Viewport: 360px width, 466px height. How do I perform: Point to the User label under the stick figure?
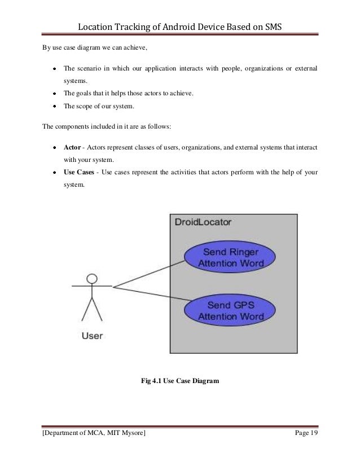tap(93, 336)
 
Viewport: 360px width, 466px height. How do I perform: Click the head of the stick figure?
tap(91, 278)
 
